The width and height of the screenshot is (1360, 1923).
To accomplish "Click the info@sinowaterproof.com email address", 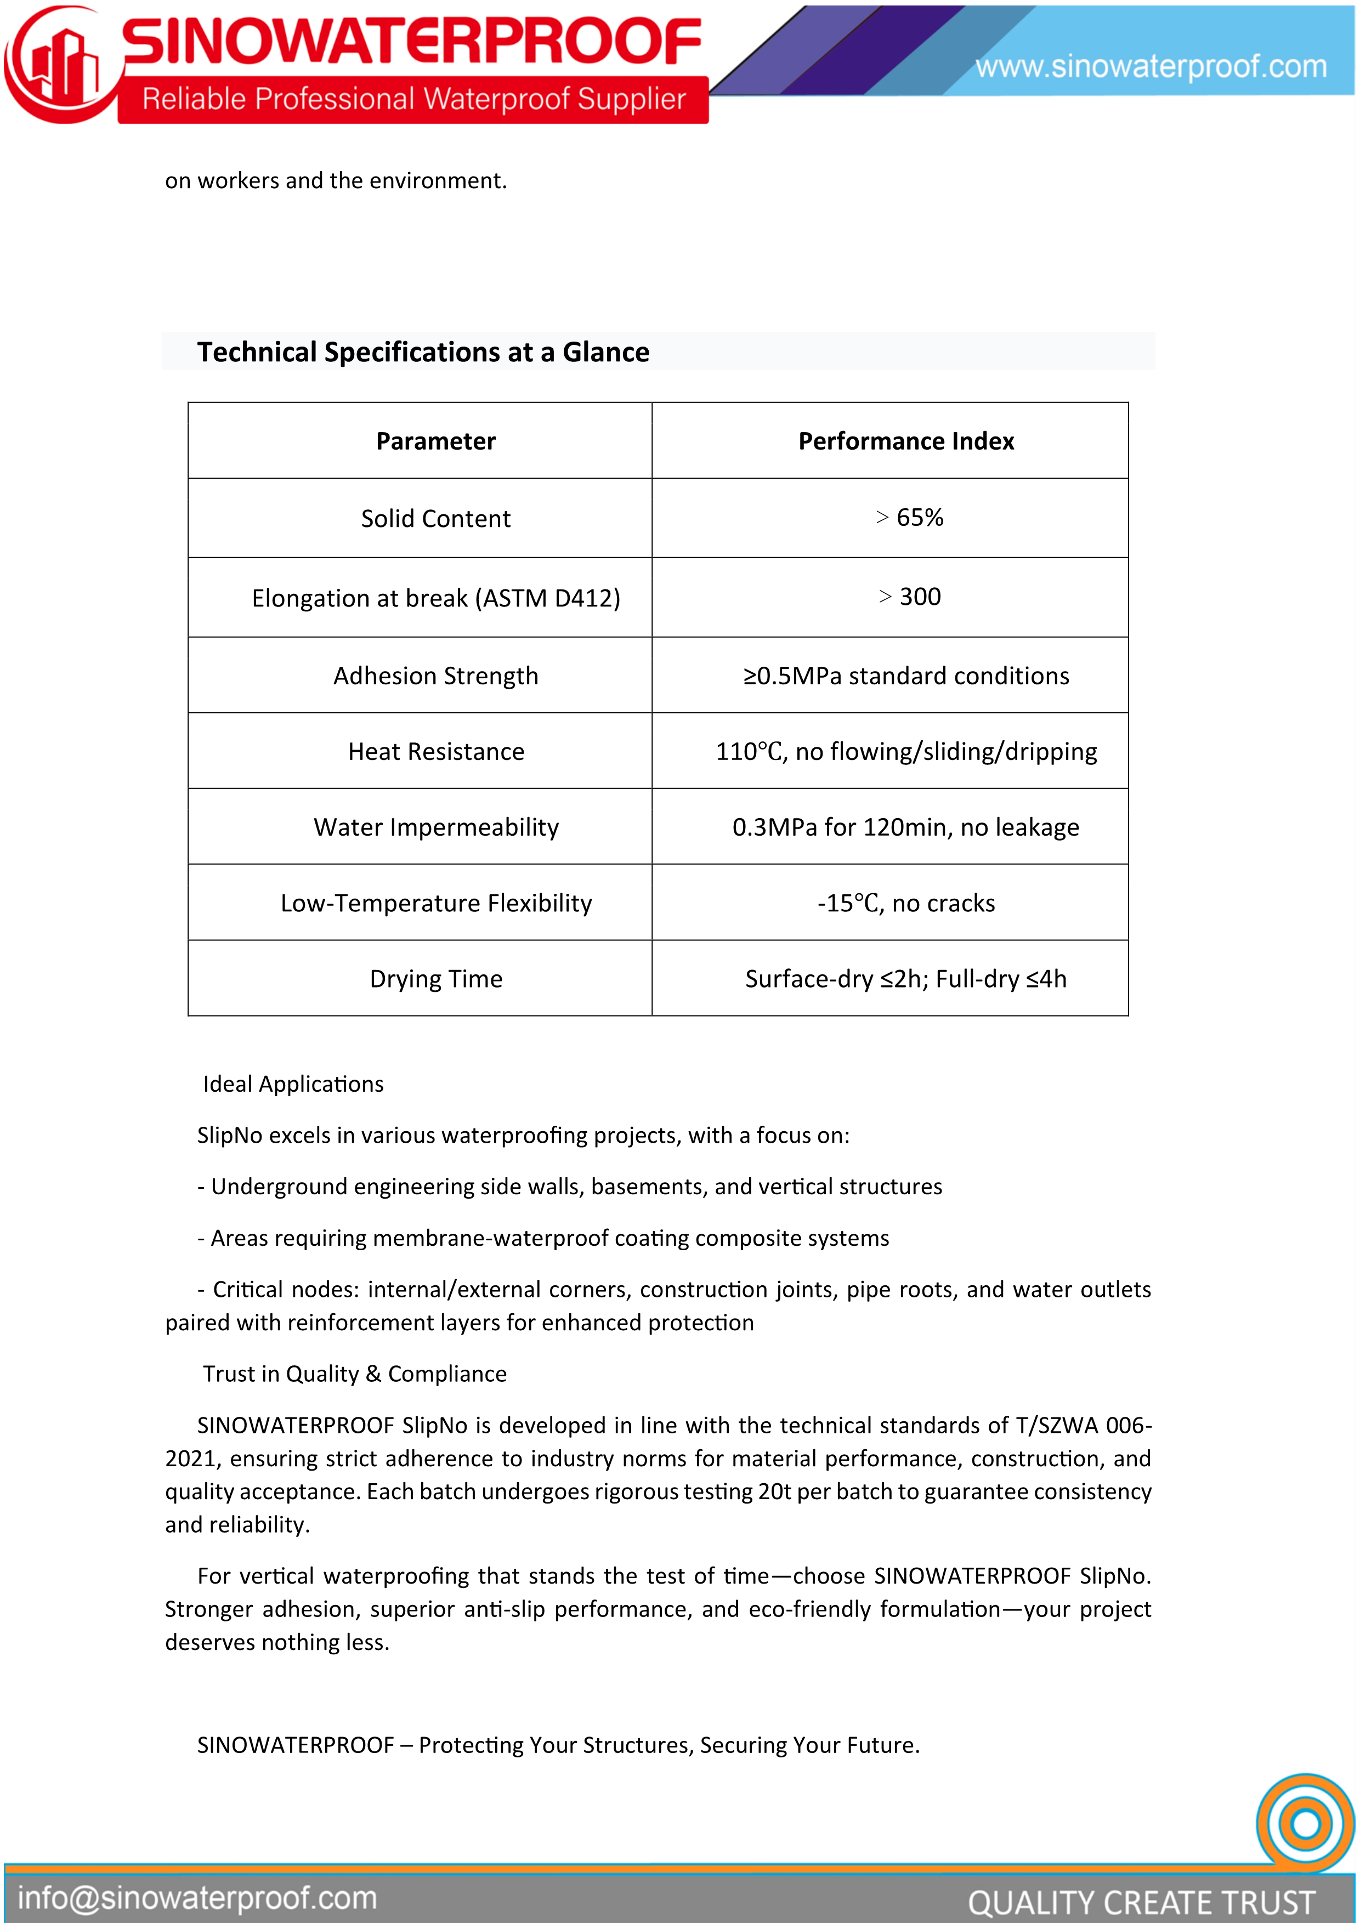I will click(x=197, y=1898).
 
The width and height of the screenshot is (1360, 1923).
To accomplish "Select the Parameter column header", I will click(x=435, y=441).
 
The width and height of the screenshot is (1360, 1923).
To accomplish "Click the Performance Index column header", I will click(x=906, y=441).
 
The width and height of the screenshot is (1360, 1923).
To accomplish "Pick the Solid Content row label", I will click(x=435, y=518).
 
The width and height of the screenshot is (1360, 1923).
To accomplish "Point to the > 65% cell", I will click(x=909, y=518).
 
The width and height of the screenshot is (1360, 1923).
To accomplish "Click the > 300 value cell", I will click(x=909, y=597).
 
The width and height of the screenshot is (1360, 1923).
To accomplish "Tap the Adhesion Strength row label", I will click(x=435, y=676).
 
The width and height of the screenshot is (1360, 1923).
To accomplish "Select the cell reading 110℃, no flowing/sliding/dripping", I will click(x=906, y=751).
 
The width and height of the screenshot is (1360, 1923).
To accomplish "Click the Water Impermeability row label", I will click(x=435, y=827).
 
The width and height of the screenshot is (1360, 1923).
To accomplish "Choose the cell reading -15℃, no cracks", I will click(x=906, y=903).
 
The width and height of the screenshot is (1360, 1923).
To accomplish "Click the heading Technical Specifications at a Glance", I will click(x=423, y=352).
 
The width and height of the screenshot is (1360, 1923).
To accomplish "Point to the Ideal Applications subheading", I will click(x=293, y=1084).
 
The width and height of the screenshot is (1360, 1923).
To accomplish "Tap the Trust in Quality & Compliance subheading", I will click(x=354, y=1374).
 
